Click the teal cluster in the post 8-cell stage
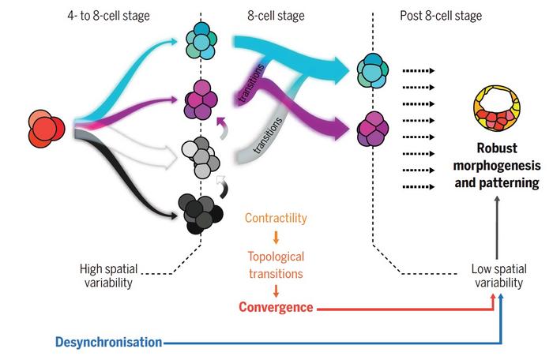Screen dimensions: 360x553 coord(372,73)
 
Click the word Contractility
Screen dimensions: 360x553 coord(276,217)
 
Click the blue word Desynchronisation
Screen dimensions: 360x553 coord(109,342)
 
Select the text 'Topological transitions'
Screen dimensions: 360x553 coord(276,264)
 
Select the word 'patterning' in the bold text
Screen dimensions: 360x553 coord(503,183)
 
